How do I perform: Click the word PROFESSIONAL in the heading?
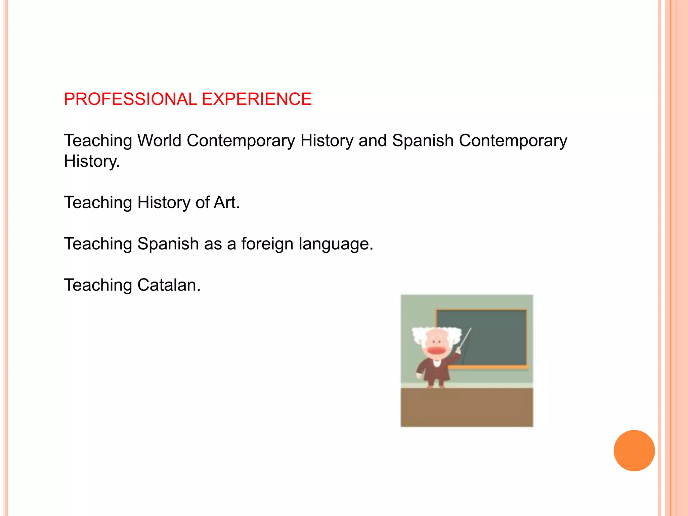click(130, 99)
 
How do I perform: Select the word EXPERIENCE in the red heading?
click(257, 99)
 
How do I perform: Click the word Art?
click(227, 203)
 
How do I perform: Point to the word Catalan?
click(169, 285)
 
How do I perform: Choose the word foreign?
click(267, 244)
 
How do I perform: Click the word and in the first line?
click(373, 140)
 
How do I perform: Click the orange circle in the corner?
click(634, 450)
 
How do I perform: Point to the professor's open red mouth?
click(436, 351)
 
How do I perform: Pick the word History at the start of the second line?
click(91, 162)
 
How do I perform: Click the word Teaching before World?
click(98, 141)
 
